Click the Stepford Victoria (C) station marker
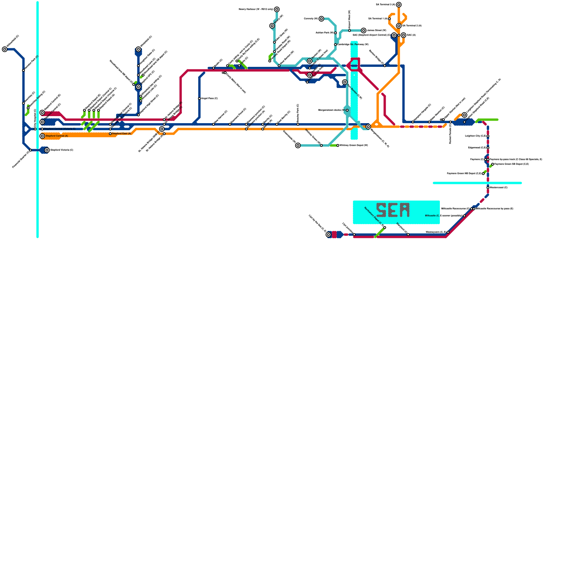[x=47, y=150]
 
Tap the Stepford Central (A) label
[x=57, y=136]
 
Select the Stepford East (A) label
[x=121, y=134]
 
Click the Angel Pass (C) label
[x=209, y=99]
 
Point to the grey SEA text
[x=393, y=210]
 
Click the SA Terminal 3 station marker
[x=399, y=5]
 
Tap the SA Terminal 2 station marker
[x=399, y=26]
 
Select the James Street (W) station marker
[x=363, y=31]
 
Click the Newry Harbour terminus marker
[x=277, y=9]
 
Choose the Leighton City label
[x=475, y=136]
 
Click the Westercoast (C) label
[x=499, y=188]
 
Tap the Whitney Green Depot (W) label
[x=354, y=145]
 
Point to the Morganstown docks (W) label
[x=331, y=110]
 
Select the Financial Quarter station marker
[x=31, y=150]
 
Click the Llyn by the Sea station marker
[x=328, y=235]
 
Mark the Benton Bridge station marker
[x=385, y=66]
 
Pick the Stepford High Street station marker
[x=138, y=115]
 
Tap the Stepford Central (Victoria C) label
[x=59, y=129]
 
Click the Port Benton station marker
[x=345, y=82]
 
